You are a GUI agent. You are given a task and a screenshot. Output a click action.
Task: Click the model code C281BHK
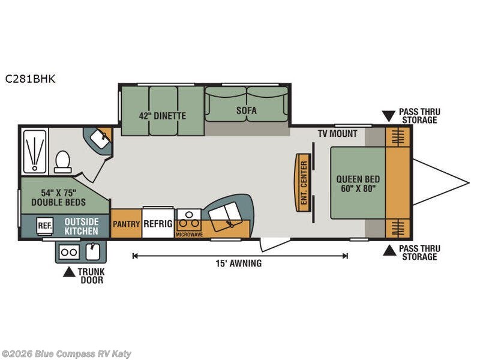tap(30, 79)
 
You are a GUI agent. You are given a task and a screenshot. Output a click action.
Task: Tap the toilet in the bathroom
tap(63, 162)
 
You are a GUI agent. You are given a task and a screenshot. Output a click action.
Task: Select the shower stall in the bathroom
tap(34, 151)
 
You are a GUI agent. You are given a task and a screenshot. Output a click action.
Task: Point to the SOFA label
tap(247, 110)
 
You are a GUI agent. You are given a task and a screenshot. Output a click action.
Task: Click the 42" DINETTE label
tap(163, 116)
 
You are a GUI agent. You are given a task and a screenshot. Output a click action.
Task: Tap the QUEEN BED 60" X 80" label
tap(358, 184)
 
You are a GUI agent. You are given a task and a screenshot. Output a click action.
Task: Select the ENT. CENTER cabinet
tap(304, 183)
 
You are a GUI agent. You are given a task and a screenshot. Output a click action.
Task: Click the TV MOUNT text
tap(337, 133)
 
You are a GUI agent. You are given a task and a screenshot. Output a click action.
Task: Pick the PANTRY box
tap(126, 223)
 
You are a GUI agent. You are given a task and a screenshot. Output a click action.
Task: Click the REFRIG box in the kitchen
tap(158, 223)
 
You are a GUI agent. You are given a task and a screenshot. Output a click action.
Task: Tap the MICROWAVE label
tap(189, 235)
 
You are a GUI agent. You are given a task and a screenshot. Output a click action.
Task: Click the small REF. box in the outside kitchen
tap(44, 226)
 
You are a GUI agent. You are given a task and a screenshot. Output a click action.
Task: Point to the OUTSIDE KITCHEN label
tap(82, 227)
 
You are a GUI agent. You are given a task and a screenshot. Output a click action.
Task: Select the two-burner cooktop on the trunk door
tap(69, 252)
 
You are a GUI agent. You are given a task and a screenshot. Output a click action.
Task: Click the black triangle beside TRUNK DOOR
tap(69, 272)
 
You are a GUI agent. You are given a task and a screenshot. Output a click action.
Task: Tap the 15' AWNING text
tap(239, 263)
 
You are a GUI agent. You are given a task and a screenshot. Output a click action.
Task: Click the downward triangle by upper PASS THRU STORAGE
tap(389, 116)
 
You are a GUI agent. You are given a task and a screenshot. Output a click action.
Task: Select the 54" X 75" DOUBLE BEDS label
tap(58, 197)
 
